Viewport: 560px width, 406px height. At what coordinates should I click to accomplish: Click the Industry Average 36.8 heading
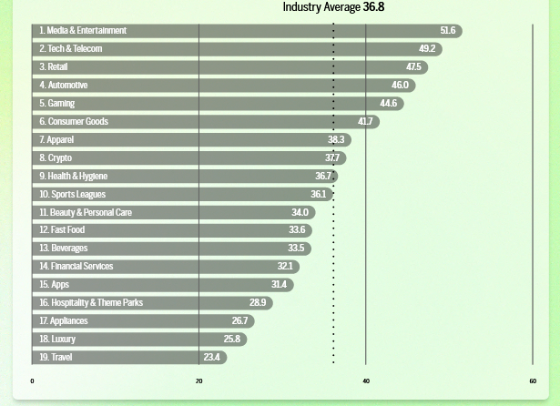(333, 7)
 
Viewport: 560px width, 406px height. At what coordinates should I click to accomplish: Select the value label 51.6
(447, 31)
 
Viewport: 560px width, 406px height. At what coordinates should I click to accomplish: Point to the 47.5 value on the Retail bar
(413, 67)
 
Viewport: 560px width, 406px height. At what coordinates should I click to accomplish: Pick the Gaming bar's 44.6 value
(388, 104)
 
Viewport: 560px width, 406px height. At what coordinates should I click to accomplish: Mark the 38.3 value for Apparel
(336, 140)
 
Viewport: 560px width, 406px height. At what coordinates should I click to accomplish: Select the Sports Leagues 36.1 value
(318, 195)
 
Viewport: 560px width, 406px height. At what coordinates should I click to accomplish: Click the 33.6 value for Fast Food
(296, 230)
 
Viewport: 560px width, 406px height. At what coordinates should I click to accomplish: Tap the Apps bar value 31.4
(279, 285)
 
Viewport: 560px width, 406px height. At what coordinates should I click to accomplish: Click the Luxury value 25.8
(231, 340)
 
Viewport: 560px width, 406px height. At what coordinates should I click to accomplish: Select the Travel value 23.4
(211, 358)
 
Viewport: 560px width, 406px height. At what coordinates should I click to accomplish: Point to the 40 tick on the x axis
(366, 381)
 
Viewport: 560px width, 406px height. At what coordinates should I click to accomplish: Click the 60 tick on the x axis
(533, 381)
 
